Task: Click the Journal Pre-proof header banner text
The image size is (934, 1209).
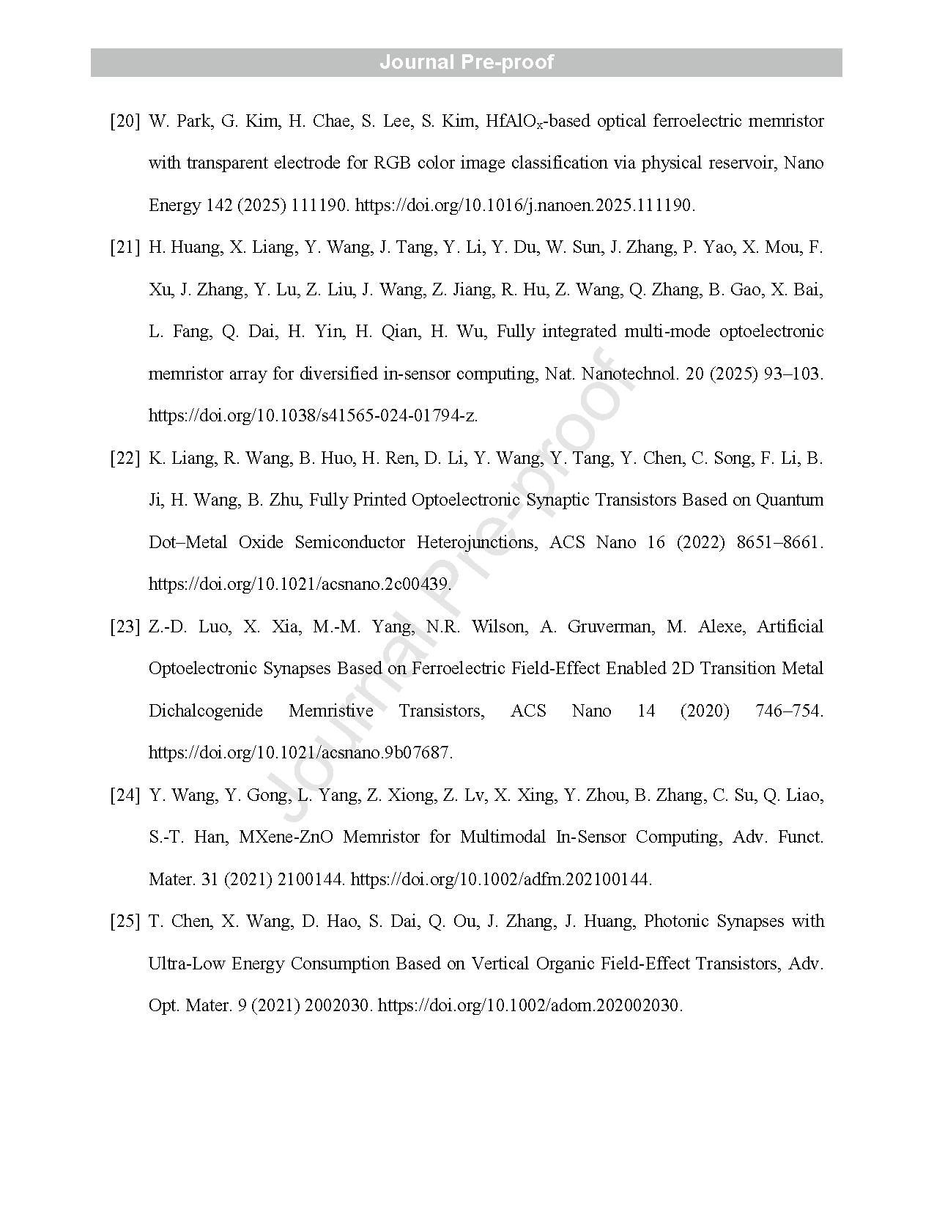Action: pyautogui.click(x=467, y=62)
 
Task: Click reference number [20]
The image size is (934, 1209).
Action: pyautogui.click(x=125, y=121)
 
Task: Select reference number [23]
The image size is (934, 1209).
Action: pyautogui.click(x=125, y=626)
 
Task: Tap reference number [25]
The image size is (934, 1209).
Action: pyautogui.click(x=125, y=921)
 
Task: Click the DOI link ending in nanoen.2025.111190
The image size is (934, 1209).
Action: pyautogui.click(x=525, y=205)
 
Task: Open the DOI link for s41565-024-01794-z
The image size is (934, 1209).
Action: pyautogui.click(x=313, y=416)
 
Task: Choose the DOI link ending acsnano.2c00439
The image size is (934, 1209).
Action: pyautogui.click(x=300, y=585)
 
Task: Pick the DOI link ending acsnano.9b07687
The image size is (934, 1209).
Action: pyautogui.click(x=300, y=753)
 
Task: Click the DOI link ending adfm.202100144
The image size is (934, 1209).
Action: pyautogui.click(x=501, y=879)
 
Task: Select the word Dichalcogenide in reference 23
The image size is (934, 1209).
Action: pyautogui.click(x=206, y=711)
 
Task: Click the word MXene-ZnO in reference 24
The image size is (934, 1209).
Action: pyautogui.click(x=286, y=837)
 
